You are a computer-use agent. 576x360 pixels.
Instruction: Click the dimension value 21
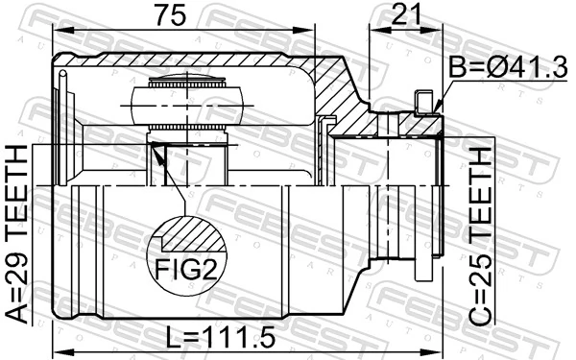tap(407, 15)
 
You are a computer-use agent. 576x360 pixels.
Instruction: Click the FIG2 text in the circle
tap(183, 268)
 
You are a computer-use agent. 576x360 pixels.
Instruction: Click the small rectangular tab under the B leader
tap(421, 100)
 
